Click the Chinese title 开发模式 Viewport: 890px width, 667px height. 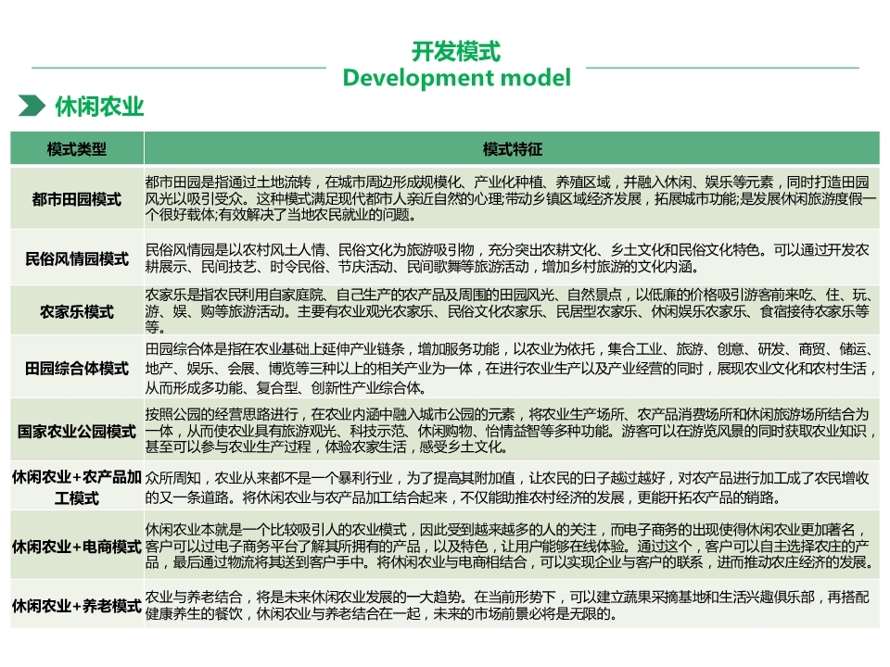click(x=456, y=52)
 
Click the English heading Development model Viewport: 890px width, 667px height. click(x=457, y=78)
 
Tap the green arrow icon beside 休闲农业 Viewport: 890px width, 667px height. click(x=32, y=106)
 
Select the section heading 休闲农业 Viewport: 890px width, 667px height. click(x=99, y=106)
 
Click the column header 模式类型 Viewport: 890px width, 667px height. click(x=77, y=149)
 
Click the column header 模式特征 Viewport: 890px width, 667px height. click(x=512, y=149)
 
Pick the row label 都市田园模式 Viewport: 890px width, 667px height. click(x=77, y=199)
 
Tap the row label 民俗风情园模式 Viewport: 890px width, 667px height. click(x=77, y=258)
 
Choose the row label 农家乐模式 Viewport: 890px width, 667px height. click(x=77, y=311)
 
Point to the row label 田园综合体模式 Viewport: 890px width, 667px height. click(x=77, y=368)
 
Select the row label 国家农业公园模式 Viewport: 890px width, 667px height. click(x=77, y=431)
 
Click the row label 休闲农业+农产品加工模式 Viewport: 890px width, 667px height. click(x=77, y=488)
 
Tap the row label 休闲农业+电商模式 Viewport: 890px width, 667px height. click(x=77, y=547)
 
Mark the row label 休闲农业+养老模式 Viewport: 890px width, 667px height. click(x=77, y=606)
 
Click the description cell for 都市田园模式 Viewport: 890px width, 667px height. click(x=511, y=198)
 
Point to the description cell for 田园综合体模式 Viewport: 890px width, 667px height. click(x=511, y=369)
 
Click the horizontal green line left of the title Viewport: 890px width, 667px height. click(x=179, y=68)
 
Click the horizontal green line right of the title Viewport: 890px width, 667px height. click(x=722, y=68)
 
